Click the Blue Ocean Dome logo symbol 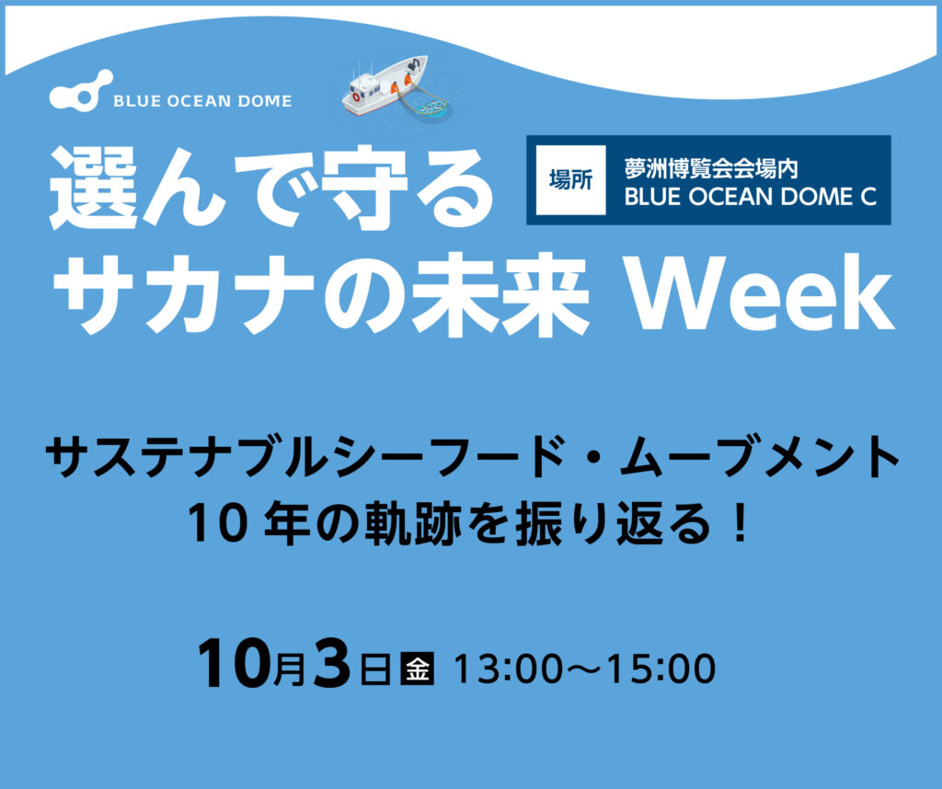click(x=81, y=90)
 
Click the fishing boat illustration click(x=385, y=86)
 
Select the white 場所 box click(x=570, y=179)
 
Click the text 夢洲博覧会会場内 click(x=711, y=168)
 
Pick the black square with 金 click(x=417, y=668)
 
